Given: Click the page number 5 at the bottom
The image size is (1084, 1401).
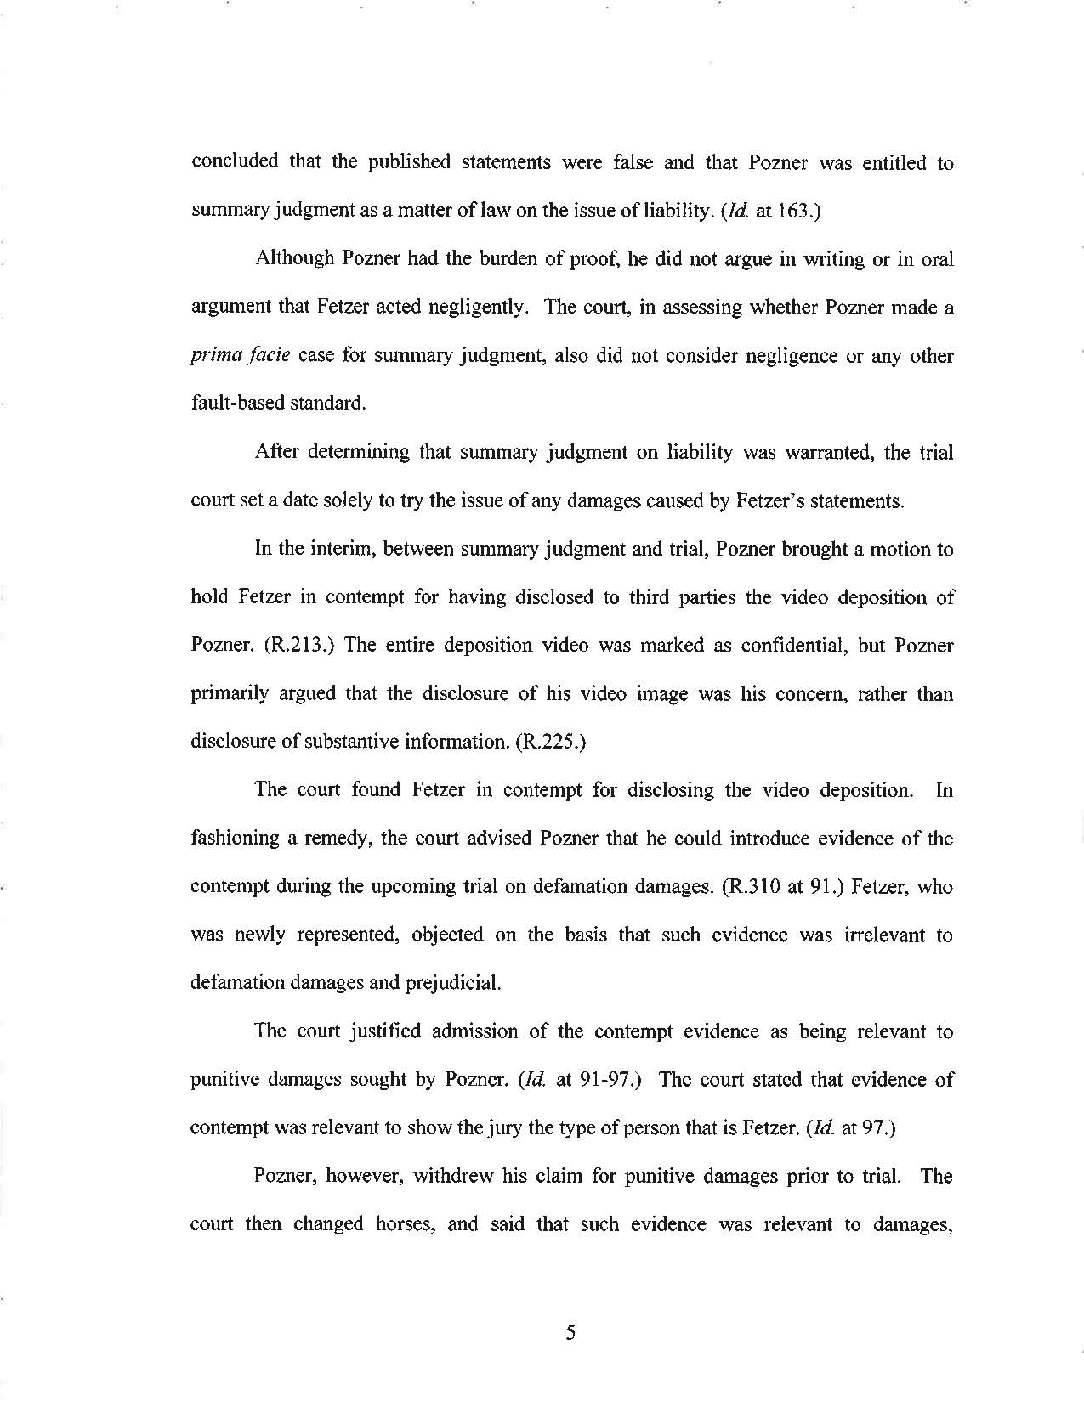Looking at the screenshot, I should (570, 1333).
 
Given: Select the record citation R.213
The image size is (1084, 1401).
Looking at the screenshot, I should (294, 646).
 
